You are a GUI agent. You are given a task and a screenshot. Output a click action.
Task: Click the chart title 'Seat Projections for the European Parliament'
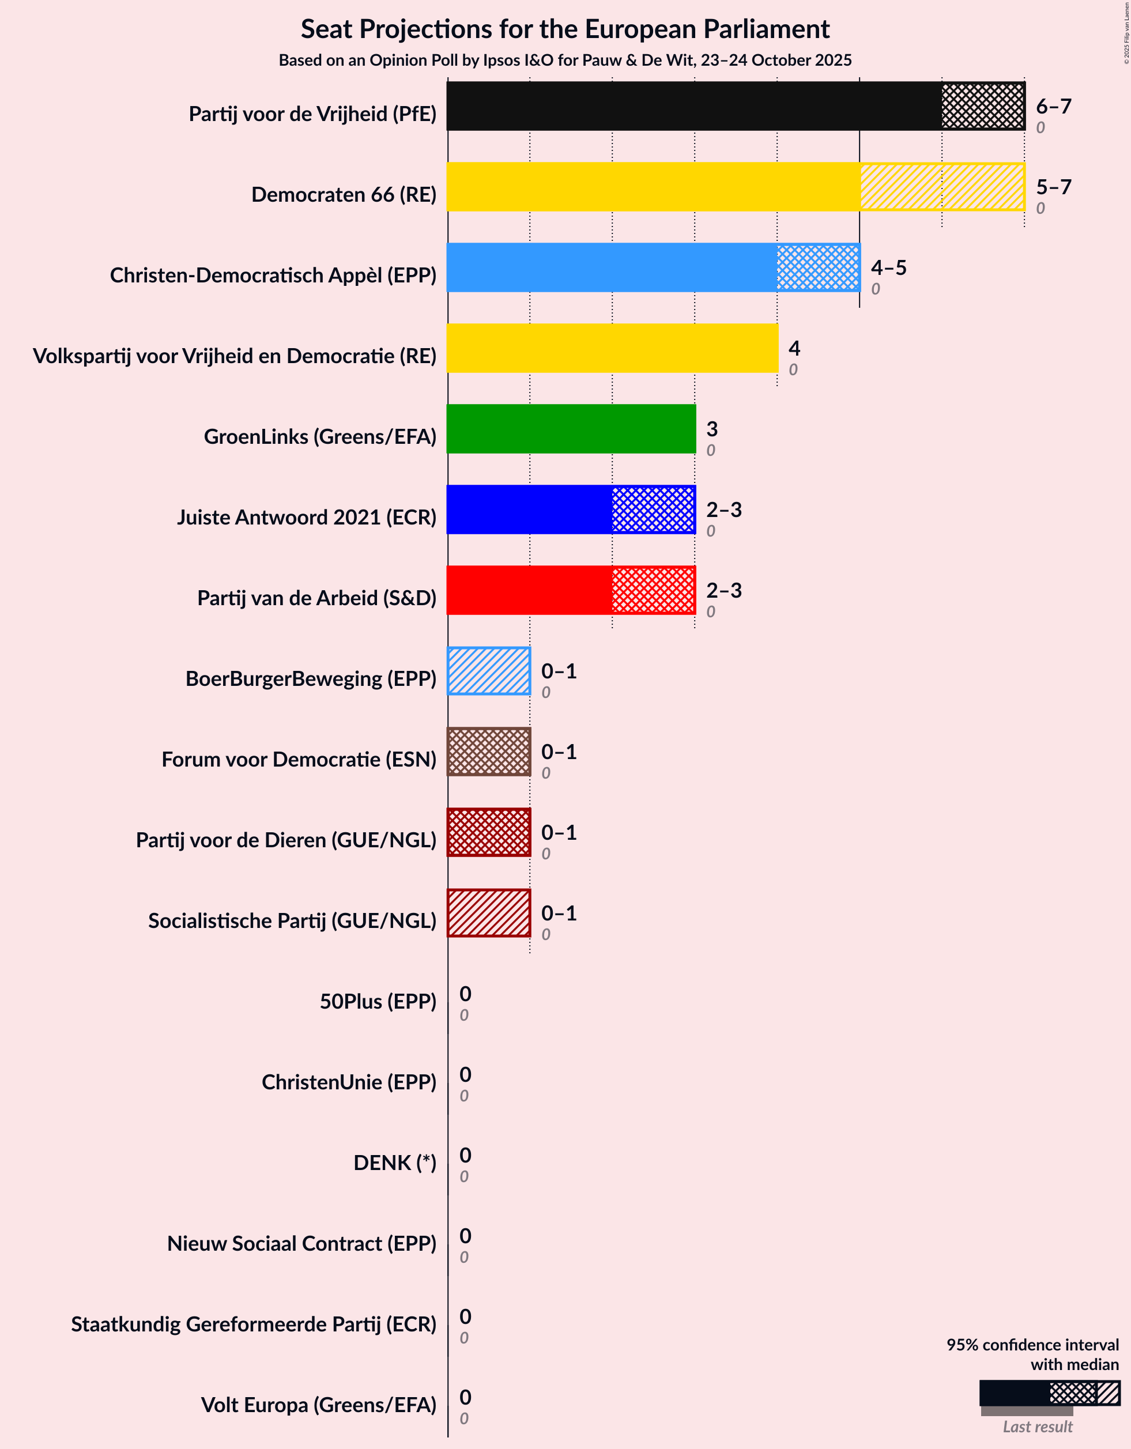click(x=565, y=29)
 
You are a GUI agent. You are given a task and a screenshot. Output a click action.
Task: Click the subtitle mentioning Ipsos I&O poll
click(x=565, y=61)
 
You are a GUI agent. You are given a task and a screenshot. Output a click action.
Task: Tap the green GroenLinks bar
click(x=571, y=429)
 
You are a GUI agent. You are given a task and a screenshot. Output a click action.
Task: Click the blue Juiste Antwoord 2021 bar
click(x=571, y=510)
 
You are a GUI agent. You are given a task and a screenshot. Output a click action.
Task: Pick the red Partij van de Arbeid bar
click(x=571, y=590)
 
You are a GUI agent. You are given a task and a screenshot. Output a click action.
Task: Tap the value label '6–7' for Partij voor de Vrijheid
click(x=1053, y=106)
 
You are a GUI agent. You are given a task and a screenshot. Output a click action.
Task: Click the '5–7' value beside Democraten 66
click(x=1053, y=187)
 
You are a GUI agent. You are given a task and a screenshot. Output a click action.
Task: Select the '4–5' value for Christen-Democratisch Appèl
click(x=888, y=267)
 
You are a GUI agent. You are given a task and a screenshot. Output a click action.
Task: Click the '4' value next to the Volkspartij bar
click(x=794, y=348)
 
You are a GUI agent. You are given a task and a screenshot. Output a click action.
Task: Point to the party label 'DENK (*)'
click(x=394, y=1163)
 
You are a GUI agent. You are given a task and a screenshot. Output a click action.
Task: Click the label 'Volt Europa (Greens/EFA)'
click(x=319, y=1405)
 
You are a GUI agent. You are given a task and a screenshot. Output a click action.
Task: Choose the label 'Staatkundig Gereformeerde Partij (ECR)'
click(x=254, y=1325)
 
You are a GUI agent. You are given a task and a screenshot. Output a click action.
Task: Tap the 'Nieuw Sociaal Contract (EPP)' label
click(x=301, y=1243)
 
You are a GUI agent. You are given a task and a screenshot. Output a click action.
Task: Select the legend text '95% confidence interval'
click(x=1032, y=1345)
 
